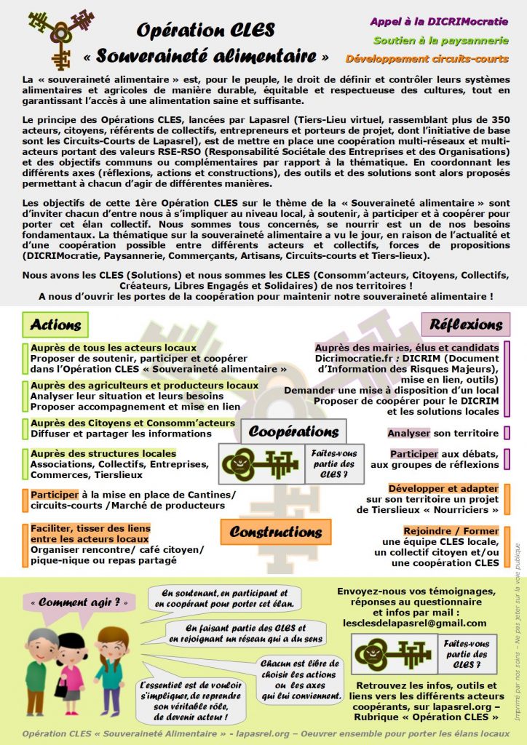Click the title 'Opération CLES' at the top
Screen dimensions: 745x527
coord(206,30)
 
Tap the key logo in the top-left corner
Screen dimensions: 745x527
coord(62,36)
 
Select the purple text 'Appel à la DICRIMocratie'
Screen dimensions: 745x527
coord(449,21)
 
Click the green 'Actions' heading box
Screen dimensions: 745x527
coord(55,324)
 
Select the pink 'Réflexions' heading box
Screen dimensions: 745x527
coord(466,324)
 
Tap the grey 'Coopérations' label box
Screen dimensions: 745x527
coord(293,431)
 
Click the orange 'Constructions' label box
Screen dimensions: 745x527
coord(276,532)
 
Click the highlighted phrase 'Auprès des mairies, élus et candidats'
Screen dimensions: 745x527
coord(407,348)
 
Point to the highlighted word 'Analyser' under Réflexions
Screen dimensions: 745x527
coord(408,433)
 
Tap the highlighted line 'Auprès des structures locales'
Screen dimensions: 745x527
coord(103,453)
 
